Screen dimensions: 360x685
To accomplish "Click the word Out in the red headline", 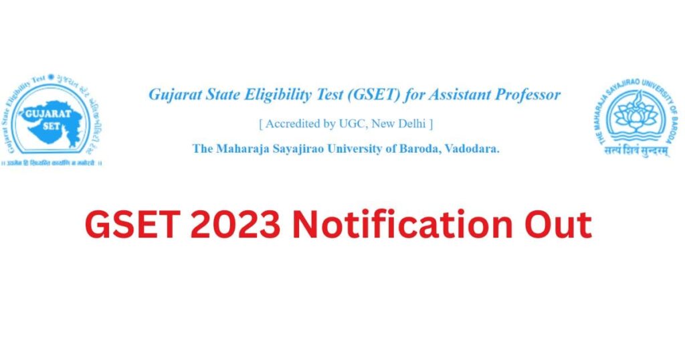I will click(559, 224).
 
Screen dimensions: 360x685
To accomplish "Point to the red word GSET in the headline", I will click(132, 224).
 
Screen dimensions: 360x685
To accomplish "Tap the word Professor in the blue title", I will click(527, 95).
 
